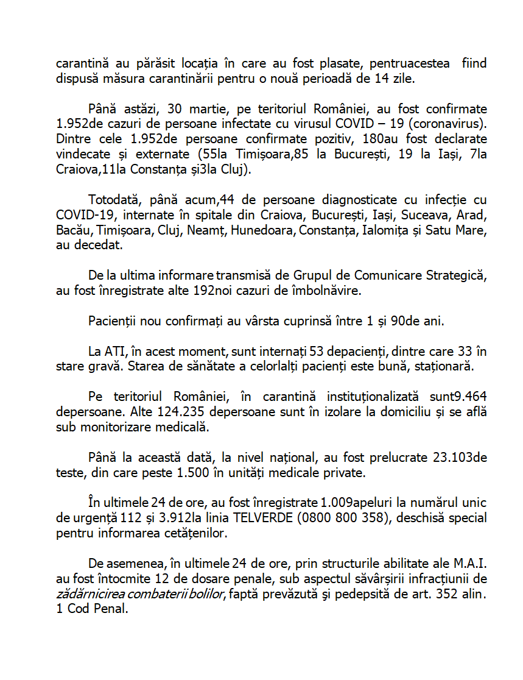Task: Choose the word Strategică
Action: coord(454,275)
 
